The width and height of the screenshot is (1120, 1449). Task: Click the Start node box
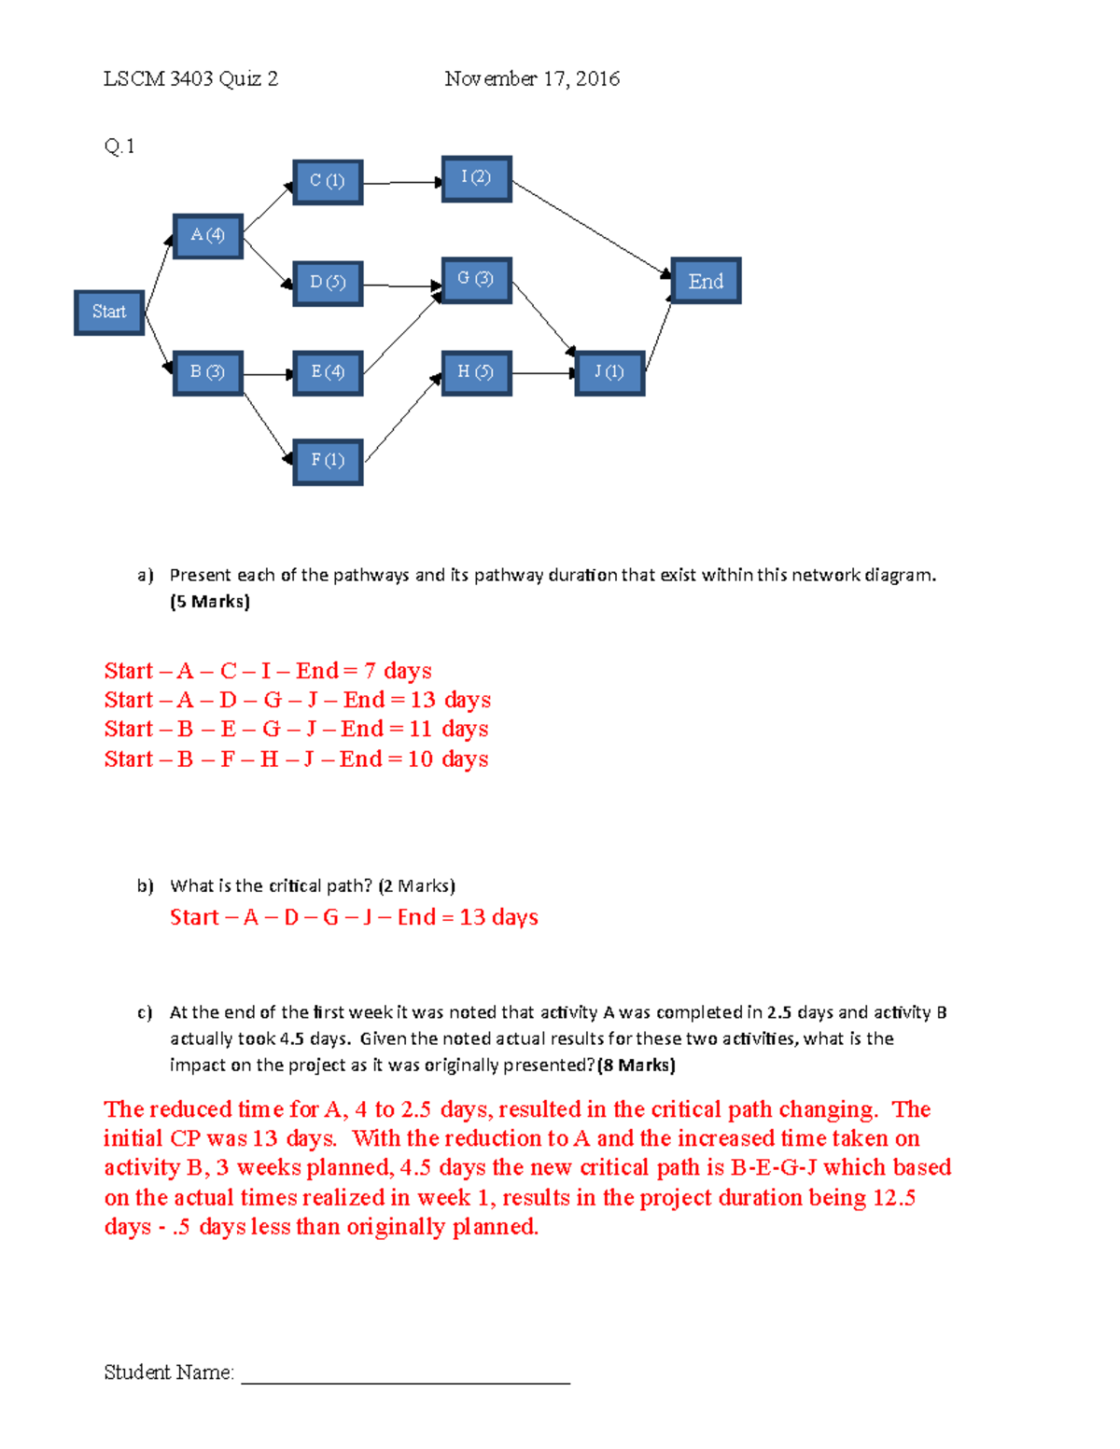[109, 313]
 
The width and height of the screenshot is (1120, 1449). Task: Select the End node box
[706, 281]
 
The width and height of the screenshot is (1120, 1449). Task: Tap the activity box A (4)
[208, 236]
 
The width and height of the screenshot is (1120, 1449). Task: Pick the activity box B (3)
[208, 373]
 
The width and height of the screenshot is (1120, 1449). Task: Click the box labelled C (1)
[328, 182]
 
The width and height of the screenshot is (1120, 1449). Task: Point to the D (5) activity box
[328, 283]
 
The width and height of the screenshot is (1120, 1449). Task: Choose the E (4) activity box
[328, 373]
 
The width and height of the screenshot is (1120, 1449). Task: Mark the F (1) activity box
[328, 461]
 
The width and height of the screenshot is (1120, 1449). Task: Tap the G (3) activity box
[476, 280]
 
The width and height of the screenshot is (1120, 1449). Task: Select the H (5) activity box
[476, 373]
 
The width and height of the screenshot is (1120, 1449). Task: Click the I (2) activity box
[476, 178]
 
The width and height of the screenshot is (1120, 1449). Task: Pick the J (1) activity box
[609, 373]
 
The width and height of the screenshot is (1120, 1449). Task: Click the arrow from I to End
[591, 228]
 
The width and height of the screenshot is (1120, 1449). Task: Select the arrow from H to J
[543, 373]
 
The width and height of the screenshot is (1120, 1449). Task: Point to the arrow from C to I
[401, 183]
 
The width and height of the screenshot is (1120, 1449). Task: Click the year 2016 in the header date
[597, 79]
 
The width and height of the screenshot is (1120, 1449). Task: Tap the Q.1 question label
[119, 146]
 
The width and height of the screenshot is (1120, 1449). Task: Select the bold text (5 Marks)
[210, 602]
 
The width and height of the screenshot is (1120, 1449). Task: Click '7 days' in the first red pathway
[398, 671]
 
